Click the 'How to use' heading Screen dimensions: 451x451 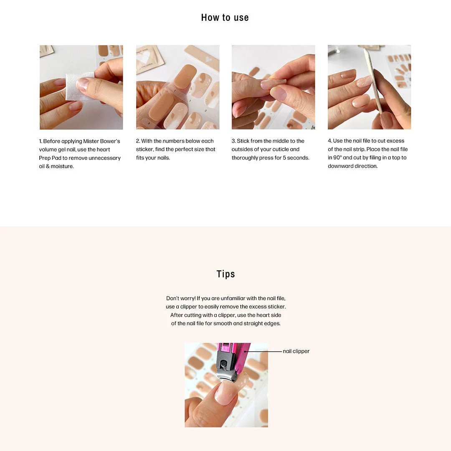point(225,18)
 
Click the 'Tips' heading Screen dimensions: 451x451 point(225,274)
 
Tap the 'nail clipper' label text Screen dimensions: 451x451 point(296,351)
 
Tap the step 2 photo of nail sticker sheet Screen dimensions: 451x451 point(177,87)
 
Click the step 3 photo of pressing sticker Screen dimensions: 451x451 point(273,87)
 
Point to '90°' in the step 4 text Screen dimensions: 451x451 point(336,157)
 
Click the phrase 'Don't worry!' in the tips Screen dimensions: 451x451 point(180,299)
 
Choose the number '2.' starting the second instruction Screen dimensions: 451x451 point(138,141)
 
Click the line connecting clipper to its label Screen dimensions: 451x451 point(265,352)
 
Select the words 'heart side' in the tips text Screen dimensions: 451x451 point(267,315)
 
